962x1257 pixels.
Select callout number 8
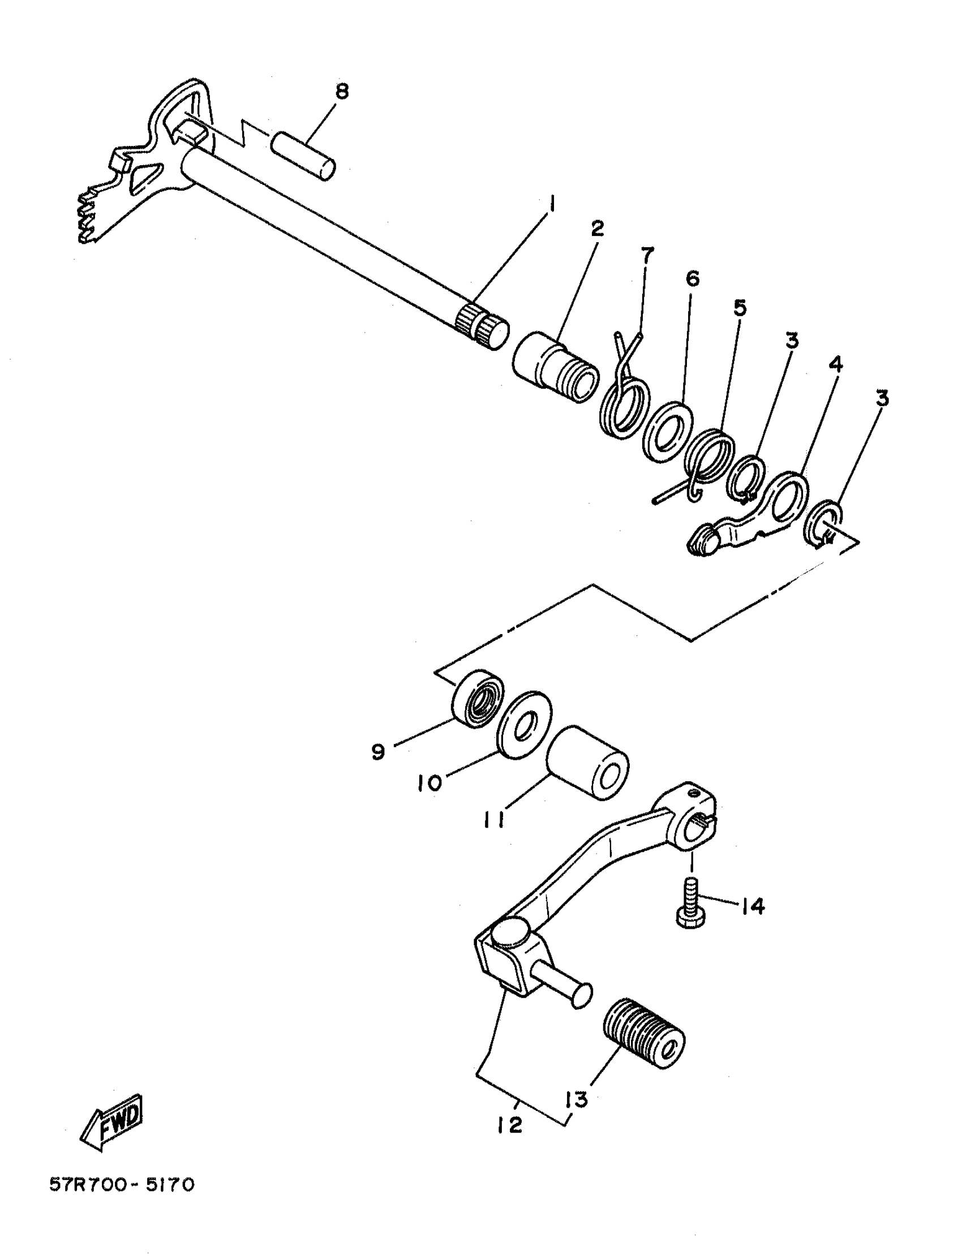[x=341, y=92]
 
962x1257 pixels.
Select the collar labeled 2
[x=556, y=367]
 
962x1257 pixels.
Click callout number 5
[x=740, y=308]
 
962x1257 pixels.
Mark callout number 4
[x=836, y=364]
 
